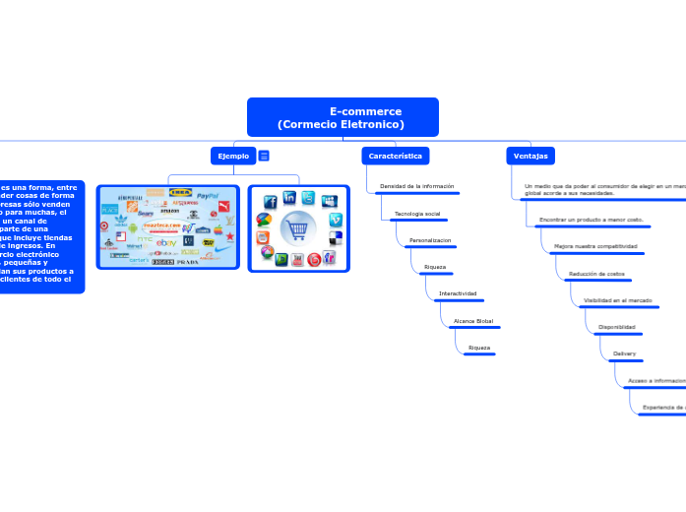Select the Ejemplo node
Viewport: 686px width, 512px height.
(233, 156)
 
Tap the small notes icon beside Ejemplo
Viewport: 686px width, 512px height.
(264, 156)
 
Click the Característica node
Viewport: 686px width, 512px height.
(396, 156)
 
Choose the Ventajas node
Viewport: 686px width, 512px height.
(530, 156)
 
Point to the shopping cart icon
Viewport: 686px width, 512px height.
(298, 228)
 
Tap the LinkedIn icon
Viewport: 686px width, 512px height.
(289, 198)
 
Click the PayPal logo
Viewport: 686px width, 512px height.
(207, 196)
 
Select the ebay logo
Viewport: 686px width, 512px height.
(166, 242)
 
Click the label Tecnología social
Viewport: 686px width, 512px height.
(417, 214)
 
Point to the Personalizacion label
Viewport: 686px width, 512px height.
(430, 240)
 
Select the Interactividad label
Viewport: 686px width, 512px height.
(458, 293)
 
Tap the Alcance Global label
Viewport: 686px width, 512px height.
(472, 321)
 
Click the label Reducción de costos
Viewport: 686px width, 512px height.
(596, 273)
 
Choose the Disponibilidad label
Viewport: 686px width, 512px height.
(617, 326)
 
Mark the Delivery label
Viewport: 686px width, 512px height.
(625, 352)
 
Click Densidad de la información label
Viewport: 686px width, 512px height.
(417, 186)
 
